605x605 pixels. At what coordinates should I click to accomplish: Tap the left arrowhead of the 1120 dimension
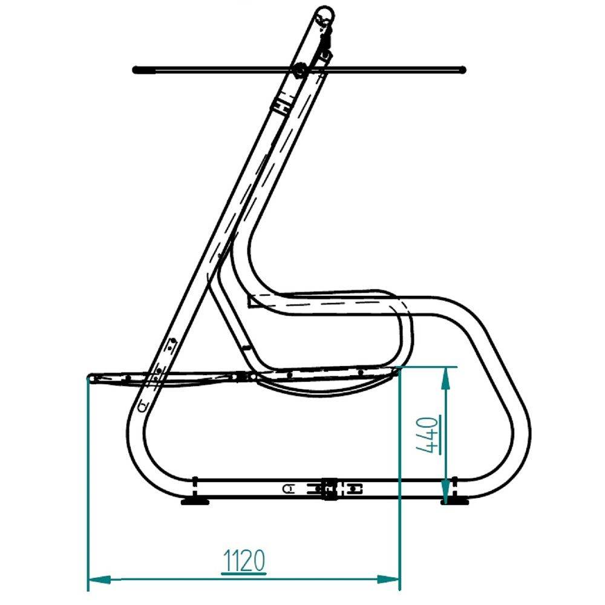(x=100, y=579)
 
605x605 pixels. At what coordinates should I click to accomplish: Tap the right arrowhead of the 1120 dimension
(x=388, y=579)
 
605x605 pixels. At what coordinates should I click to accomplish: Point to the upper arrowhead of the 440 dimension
(x=446, y=378)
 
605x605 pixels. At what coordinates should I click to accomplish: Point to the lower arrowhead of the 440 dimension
(x=446, y=492)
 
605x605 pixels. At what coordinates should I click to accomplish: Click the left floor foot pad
(x=195, y=502)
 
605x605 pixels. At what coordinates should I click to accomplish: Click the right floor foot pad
(x=456, y=502)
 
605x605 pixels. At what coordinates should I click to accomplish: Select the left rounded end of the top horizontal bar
(x=136, y=70)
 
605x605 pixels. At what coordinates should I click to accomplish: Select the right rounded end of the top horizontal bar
(x=462, y=70)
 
